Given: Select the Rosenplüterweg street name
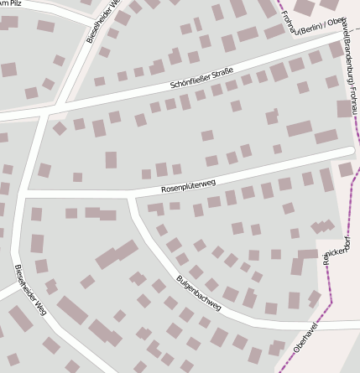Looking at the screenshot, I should click(x=188, y=185).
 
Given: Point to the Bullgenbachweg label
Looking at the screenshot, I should click(x=199, y=293).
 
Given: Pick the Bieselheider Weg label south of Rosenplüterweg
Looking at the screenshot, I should click(x=29, y=289).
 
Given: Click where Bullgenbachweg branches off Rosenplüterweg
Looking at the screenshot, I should click(x=130, y=196).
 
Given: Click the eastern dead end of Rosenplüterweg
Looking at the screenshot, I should click(x=350, y=151).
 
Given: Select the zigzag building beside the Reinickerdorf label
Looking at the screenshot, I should click(x=321, y=227).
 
